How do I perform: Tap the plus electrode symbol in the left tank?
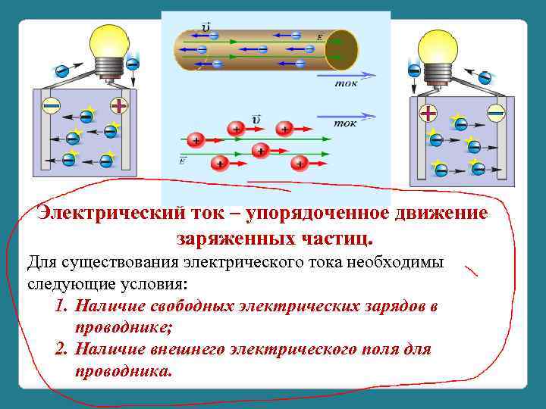[119, 105]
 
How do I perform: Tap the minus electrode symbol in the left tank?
[51, 105]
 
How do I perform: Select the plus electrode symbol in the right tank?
[428, 114]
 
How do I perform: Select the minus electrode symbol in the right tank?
[496, 113]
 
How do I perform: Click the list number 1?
[61, 307]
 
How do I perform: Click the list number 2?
[61, 350]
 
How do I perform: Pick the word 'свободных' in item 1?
[199, 307]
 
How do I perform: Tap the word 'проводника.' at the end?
[124, 371]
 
